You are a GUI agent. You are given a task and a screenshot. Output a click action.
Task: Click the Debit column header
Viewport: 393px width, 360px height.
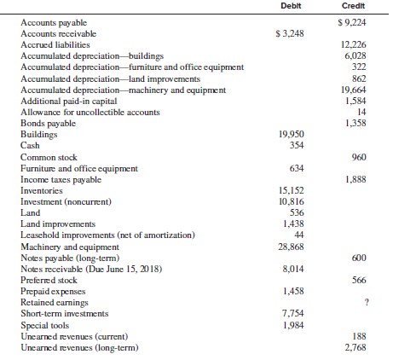point(291,6)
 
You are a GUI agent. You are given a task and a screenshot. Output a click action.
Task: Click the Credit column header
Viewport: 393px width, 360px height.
point(353,6)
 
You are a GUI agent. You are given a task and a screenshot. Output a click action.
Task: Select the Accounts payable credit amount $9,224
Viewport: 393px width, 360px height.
point(352,22)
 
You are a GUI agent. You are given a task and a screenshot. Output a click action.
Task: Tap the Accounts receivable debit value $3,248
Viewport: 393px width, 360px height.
point(290,33)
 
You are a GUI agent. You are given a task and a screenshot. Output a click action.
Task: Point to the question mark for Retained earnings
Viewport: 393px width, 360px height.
point(367,302)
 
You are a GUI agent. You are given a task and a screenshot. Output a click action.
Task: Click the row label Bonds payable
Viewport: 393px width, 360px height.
point(48,124)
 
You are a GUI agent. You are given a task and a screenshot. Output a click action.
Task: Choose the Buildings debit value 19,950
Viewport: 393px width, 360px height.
point(291,134)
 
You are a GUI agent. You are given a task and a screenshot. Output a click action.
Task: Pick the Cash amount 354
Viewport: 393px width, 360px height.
point(297,145)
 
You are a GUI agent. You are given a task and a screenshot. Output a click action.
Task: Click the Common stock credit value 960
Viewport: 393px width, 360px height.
point(359,157)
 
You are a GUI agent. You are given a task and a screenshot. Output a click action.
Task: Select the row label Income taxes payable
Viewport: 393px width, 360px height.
point(61,180)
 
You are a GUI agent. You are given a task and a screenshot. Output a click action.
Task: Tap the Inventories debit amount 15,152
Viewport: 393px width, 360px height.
point(291,190)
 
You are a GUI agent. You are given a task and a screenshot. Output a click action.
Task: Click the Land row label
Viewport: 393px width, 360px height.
point(30,212)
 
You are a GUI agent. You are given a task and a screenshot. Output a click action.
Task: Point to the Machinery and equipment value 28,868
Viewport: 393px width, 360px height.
point(291,247)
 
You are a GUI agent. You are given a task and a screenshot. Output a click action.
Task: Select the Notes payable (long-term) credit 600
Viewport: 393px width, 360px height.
point(359,258)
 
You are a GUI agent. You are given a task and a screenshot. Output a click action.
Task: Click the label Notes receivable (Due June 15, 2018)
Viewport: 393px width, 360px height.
point(91,269)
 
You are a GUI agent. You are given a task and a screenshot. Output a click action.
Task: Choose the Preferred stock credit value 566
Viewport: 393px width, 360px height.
point(359,280)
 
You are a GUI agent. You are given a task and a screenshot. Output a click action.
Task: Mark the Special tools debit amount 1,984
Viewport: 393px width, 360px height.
point(293,325)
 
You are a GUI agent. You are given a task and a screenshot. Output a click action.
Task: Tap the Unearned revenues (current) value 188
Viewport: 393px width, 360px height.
point(360,336)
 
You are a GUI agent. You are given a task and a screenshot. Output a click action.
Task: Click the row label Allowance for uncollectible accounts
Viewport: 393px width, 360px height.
point(90,113)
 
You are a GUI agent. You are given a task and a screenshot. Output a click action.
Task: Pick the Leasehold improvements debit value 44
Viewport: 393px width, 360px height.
point(299,235)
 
